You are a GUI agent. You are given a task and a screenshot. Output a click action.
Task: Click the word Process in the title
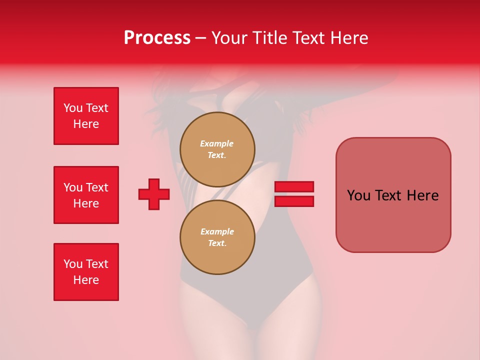pos(157,38)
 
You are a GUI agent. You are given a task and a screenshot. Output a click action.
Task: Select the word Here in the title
pos(348,38)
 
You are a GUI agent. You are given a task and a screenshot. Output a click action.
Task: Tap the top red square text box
pos(86,116)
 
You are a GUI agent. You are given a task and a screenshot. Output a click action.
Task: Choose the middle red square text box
pos(86,195)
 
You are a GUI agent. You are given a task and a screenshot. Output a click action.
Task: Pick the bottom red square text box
pos(86,272)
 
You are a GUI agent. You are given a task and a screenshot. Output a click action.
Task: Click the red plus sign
pos(154,194)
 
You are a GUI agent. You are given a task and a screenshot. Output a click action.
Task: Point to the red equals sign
pos(294,194)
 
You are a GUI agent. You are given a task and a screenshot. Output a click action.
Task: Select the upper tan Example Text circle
pos(217,149)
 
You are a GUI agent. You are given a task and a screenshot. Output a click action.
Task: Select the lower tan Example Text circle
pos(217,237)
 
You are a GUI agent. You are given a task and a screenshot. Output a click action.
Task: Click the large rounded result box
pos(393,195)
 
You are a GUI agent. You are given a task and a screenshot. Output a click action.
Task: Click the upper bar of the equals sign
pos(294,187)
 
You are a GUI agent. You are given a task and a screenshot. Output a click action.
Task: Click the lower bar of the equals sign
pos(294,201)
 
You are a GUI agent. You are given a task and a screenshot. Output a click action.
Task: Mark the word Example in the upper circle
pos(217,143)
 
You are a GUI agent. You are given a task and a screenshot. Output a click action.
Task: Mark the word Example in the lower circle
pos(217,231)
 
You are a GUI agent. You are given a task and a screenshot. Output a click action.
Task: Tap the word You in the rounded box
pos(358,195)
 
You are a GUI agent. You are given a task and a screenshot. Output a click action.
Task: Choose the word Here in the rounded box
pos(422,195)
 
